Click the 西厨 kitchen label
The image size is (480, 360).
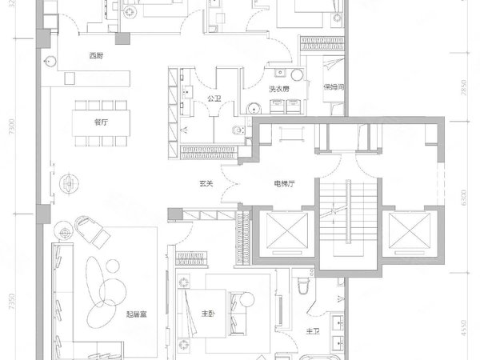pyautogui.click(x=96, y=56)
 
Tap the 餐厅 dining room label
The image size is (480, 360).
pyautogui.click(x=100, y=122)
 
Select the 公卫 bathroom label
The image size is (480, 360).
pyautogui.click(x=214, y=99)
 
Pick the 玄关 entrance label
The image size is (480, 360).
pyautogui.click(x=206, y=185)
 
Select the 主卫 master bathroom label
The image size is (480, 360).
pyautogui.click(x=314, y=330)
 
